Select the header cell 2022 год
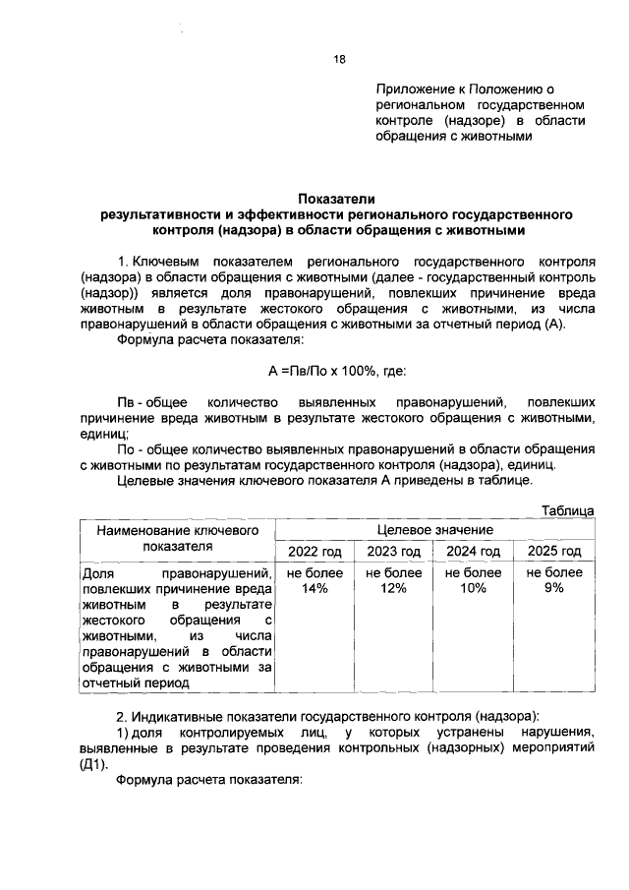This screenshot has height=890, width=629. tap(314, 551)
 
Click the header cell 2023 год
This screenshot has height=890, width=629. tap(393, 551)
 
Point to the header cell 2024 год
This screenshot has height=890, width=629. tap(473, 551)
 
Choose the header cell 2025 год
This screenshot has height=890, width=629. tap(553, 551)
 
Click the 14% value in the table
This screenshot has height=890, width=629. tap(314, 588)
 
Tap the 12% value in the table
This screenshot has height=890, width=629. tap(393, 588)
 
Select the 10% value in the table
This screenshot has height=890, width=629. tap(473, 588)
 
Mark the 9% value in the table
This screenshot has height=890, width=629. tap(553, 588)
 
